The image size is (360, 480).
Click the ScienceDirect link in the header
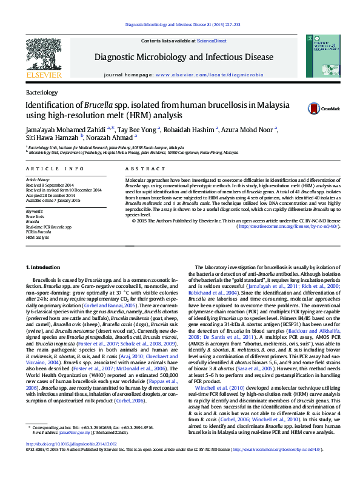tap(212, 41)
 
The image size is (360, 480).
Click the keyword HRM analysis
tap(38, 238)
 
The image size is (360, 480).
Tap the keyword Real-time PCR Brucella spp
tap(48, 227)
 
